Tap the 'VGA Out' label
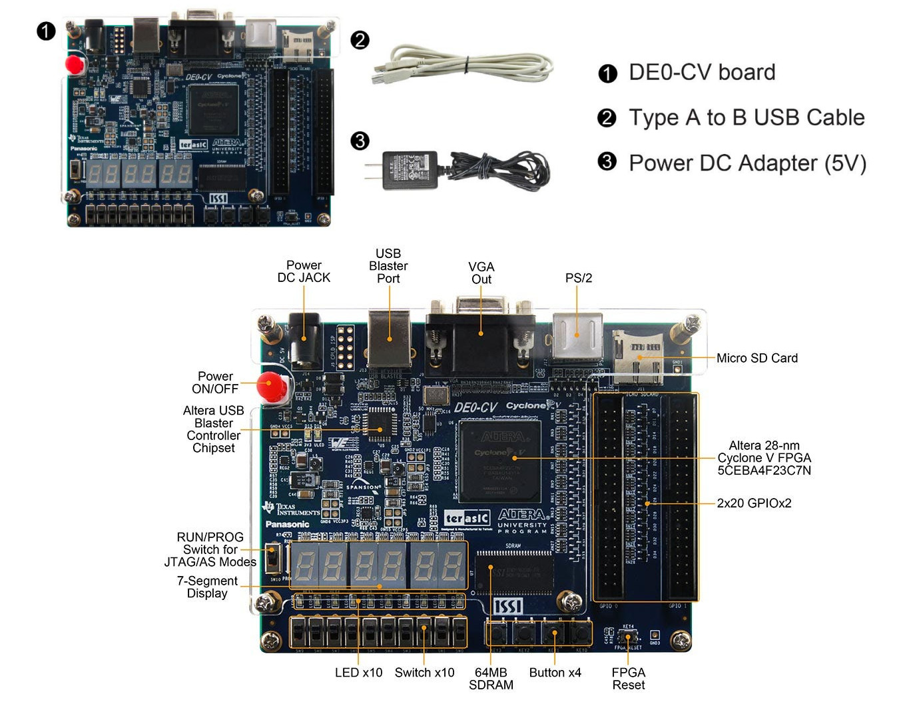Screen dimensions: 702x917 point(481,273)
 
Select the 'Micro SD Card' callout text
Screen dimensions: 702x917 point(757,358)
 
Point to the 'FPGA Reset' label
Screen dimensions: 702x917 point(628,679)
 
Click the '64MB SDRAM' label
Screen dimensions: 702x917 point(491,679)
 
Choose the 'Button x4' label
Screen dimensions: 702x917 point(555,673)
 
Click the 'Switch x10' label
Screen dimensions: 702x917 point(424,673)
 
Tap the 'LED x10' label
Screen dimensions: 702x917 point(358,673)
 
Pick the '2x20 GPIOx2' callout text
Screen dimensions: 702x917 point(754,503)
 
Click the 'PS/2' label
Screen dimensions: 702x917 point(578,278)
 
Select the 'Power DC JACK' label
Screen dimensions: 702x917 point(304,271)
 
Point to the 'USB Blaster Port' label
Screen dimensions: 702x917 point(388,265)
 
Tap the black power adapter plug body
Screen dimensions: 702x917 point(409,170)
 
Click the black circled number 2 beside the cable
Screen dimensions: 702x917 point(360,40)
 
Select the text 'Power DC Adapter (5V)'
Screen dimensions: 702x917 point(747,163)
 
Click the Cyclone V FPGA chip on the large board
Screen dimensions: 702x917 point(500,461)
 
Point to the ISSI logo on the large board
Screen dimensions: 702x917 point(507,606)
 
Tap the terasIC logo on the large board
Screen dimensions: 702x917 point(467,518)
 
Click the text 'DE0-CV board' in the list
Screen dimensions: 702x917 point(702,72)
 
